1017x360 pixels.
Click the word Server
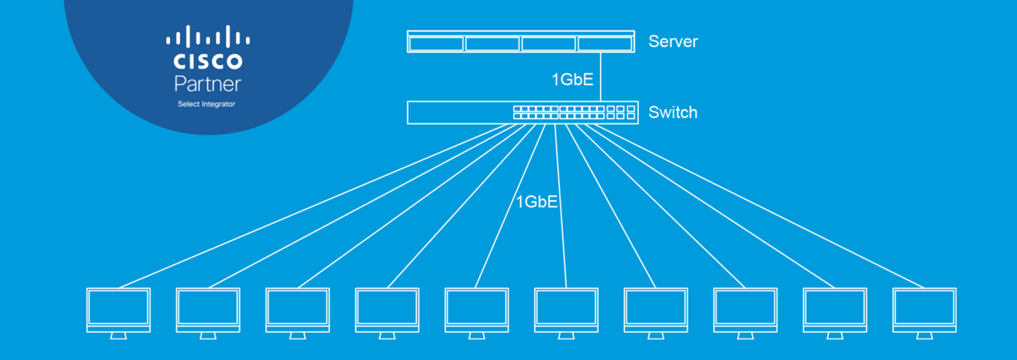tap(673, 41)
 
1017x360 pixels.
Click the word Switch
tap(673, 112)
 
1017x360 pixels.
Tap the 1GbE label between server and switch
tap(572, 80)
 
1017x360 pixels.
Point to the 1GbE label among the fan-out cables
tap(537, 201)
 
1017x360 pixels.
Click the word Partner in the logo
tap(207, 83)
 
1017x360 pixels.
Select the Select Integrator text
tap(206, 104)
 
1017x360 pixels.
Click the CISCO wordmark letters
tap(207, 62)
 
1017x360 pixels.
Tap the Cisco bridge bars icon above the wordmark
tap(207, 37)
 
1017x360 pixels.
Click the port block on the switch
tap(574, 112)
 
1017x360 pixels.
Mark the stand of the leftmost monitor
tap(119, 335)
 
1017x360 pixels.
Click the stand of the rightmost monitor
tap(925, 335)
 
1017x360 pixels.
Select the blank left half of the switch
tap(459, 112)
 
